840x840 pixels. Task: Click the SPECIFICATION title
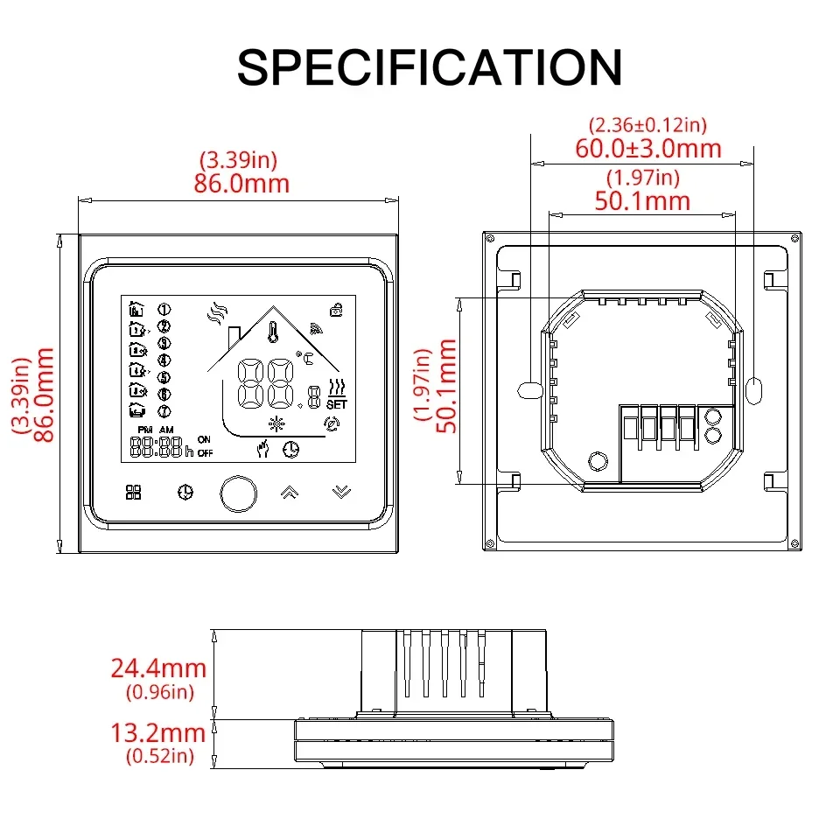(429, 67)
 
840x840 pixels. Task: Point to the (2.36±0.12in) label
(648, 126)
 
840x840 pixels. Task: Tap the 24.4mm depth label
(158, 668)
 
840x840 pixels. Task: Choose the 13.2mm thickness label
(158, 733)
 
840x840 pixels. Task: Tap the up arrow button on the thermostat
(288, 492)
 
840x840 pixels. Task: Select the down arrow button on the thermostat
(341, 492)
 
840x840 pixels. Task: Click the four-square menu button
(133, 493)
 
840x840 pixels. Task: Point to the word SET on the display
(336, 405)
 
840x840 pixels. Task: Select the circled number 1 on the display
(164, 309)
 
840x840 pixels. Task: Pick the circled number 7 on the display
(164, 411)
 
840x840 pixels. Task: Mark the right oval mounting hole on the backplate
(755, 388)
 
